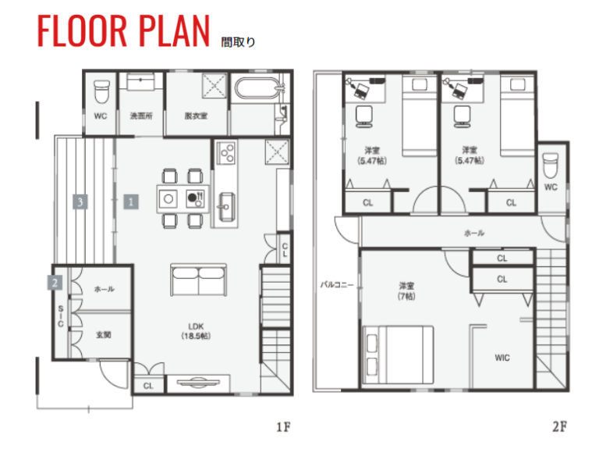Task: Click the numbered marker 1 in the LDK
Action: [131, 201]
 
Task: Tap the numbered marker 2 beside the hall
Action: [55, 283]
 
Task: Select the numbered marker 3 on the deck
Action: [80, 201]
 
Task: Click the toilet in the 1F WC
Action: [101, 92]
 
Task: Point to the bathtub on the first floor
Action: [257, 88]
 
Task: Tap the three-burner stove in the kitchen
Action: [226, 153]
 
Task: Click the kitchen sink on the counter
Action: [225, 207]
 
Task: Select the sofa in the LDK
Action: [198, 280]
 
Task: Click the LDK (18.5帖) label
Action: [196, 331]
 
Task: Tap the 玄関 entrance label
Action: [103, 335]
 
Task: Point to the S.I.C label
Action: [61, 316]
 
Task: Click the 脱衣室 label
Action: [196, 116]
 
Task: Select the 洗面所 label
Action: [141, 116]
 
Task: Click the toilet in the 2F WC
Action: [551, 166]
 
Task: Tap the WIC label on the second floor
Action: [502, 358]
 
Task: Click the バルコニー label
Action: [337, 285]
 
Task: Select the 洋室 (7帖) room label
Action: [406, 290]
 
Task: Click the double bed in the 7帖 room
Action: [398, 355]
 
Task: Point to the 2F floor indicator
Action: [559, 426]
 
